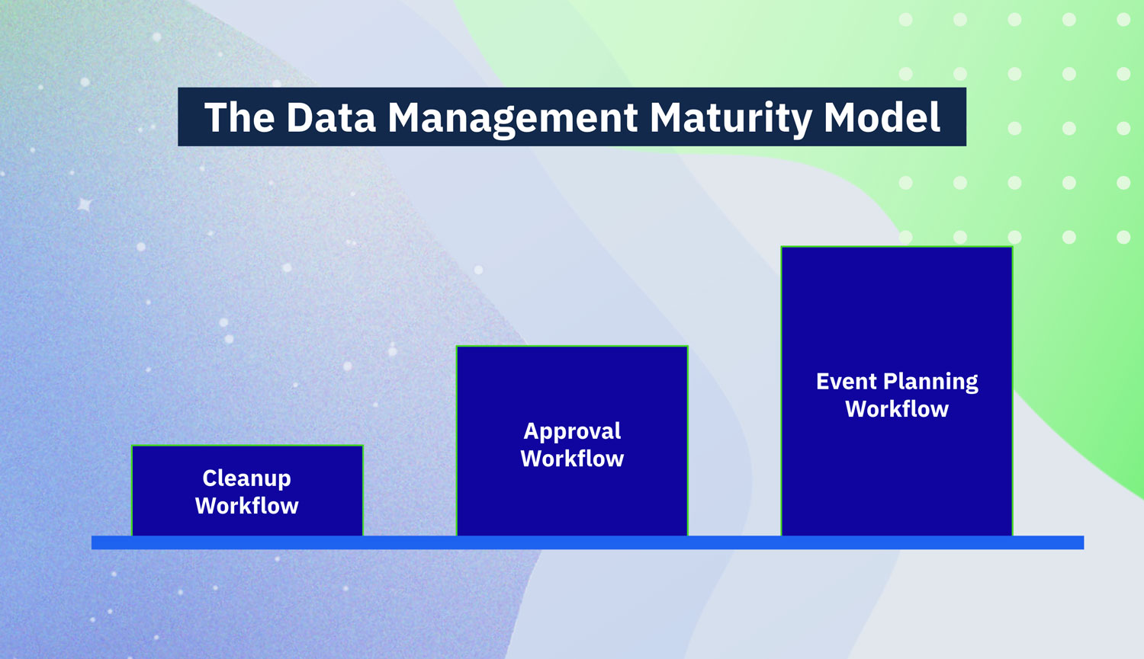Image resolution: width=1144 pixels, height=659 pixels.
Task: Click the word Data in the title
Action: [x=331, y=117]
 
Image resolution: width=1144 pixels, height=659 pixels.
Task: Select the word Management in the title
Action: [x=513, y=118]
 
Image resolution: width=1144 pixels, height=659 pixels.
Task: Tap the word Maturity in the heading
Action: [x=731, y=118]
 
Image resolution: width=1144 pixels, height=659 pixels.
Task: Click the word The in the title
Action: [x=239, y=117]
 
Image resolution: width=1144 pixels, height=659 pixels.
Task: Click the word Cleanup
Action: [x=246, y=478]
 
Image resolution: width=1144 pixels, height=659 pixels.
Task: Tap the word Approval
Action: [x=572, y=431]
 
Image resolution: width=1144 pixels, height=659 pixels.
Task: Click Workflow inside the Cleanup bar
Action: [x=246, y=506]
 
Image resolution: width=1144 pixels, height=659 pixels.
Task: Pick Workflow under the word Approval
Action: [x=572, y=459]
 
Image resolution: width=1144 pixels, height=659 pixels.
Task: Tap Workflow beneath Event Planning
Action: [x=897, y=409]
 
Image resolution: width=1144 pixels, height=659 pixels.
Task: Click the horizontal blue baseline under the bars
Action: [x=587, y=542]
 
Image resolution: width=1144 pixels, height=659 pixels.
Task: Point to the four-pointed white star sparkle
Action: [x=85, y=204]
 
